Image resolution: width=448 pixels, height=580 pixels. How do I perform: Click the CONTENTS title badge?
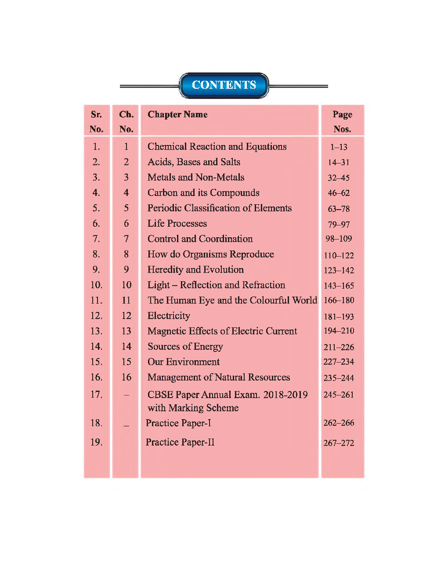(224, 85)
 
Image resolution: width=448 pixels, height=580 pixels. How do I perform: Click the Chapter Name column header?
(177, 115)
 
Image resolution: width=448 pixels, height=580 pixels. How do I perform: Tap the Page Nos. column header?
(342, 121)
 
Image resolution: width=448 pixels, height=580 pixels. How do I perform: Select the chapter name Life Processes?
(177, 224)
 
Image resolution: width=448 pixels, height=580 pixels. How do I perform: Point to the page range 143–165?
(339, 286)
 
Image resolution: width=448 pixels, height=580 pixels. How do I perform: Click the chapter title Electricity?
(169, 316)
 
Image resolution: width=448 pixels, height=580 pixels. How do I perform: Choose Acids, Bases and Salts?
(194, 162)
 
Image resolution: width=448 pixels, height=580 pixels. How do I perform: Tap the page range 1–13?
(339, 147)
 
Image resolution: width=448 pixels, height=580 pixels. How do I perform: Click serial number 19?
(96, 442)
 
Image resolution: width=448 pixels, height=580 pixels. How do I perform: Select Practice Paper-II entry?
(180, 442)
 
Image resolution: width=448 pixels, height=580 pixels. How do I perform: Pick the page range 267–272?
(339, 443)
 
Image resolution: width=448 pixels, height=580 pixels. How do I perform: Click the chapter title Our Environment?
(184, 362)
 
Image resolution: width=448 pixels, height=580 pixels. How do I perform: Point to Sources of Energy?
(185, 347)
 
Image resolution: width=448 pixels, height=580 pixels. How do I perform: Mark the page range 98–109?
(339, 239)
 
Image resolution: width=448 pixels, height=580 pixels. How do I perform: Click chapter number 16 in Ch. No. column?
(126, 377)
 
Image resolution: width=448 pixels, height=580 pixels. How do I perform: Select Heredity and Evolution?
(195, 270)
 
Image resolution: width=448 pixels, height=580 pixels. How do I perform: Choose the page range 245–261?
(339, 395)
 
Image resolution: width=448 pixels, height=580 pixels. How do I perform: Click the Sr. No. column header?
(97, 121)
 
